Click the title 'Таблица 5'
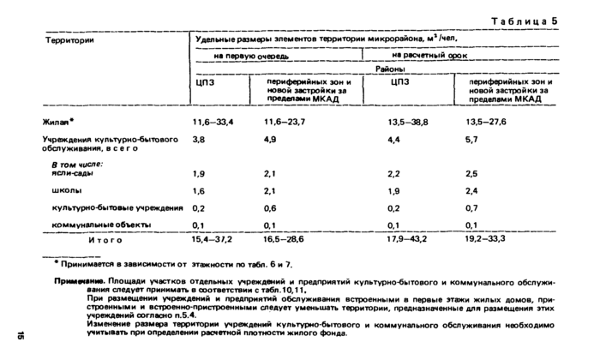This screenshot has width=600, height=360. coord(525,21)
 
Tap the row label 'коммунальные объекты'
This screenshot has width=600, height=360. coord(102,224)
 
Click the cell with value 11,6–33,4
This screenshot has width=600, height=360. coord(213,123)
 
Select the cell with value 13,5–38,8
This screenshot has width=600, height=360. coord(410,123)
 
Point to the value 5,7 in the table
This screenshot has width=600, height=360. coord(472,139)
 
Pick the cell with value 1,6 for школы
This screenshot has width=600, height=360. coord(199,190)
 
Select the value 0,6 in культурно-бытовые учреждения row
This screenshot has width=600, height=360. coord(270,207)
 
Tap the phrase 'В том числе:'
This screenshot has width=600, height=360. coord(77,163)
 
